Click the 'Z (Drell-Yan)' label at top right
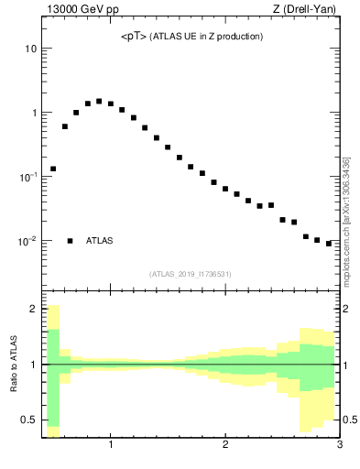(311, 10)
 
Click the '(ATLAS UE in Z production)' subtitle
(208, 37)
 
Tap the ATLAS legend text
(100, 241)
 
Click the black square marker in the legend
(70, 241)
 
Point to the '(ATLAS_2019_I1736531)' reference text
(191, 274)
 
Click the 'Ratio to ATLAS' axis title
(14, 364)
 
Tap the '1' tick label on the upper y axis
(34, 113)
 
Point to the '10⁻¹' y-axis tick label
(28, 177)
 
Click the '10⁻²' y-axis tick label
(28, 241)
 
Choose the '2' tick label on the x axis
(225, 446)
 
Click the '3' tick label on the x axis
(339, 446)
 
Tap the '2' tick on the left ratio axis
(34, 309)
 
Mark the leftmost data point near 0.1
(53, 169)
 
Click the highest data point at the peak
(99, 102)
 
